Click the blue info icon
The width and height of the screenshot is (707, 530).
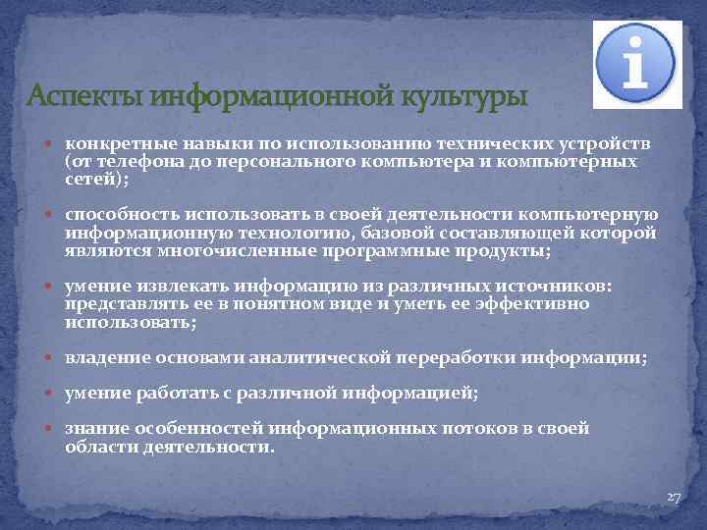pos(637,65)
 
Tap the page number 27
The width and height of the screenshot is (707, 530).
pos(673,498)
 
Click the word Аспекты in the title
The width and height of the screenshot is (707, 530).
pos(82,98)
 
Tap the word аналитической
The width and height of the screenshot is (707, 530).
pos(314,359)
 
